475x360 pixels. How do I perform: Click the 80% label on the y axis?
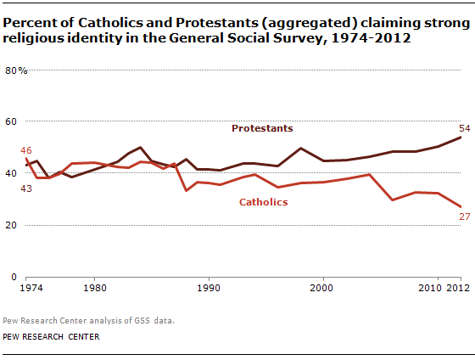(17, 70)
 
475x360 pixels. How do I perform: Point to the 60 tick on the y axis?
(13, 121)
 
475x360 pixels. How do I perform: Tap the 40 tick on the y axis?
(13, 173)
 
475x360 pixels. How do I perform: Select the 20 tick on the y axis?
(13, 225)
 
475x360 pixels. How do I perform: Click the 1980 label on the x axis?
(94, 288)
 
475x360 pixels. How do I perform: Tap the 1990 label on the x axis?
(208, 288)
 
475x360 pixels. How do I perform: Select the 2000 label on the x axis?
(322, 288)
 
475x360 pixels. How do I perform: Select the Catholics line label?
(264, 202)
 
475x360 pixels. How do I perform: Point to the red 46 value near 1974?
(26, 150)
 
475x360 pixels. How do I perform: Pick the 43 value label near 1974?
(26, 188)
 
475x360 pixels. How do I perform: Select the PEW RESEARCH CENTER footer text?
(51, 336)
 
